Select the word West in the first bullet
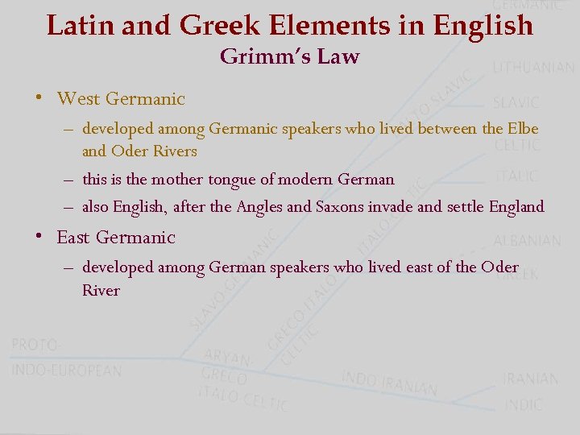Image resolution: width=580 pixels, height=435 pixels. (79, 99)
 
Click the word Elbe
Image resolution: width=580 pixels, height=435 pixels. (523, 128)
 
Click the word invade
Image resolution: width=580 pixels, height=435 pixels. (391, 207)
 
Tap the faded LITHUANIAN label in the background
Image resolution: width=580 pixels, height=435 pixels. (533, 68)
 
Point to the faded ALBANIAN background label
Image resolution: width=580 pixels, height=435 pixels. (527, 241)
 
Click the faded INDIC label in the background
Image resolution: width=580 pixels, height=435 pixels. (524, 404)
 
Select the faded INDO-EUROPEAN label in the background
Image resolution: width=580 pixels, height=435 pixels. (67, 371)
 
